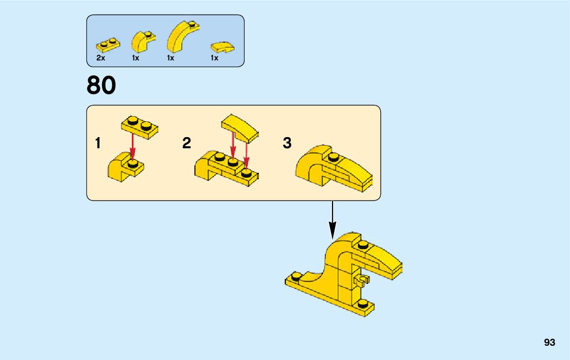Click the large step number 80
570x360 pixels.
(102, 85)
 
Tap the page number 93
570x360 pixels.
(549, 343)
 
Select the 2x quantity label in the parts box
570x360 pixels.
(100, 58)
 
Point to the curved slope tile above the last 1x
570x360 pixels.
(222, 48)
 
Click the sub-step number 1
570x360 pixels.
(97, 144)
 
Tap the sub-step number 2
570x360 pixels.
(187, 144)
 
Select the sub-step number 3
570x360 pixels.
(287, 144)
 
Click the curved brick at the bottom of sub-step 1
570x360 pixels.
(125, 169)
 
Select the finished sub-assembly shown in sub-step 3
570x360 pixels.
(332, 168)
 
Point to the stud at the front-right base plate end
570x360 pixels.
(362, 303)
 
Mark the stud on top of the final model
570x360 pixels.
(362, 245)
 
